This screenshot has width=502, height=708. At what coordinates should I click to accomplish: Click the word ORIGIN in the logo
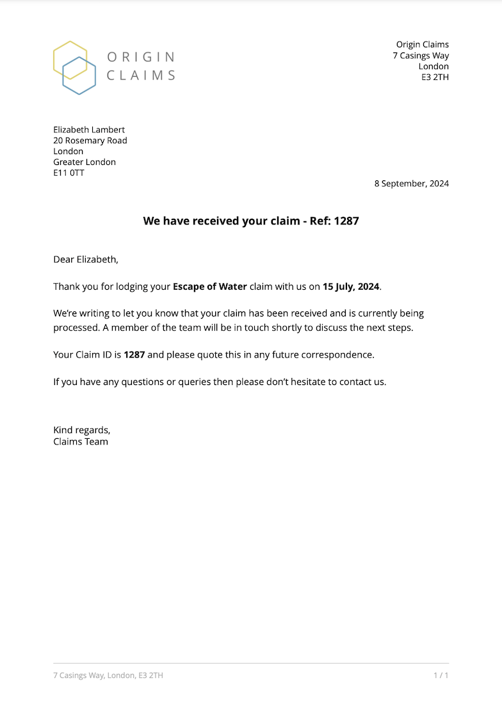141,57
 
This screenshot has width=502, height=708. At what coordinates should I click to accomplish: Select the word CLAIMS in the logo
141,75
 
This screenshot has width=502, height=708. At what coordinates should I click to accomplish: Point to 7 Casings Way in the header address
421,56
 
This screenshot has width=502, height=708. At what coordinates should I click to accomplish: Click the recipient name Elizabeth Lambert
89,130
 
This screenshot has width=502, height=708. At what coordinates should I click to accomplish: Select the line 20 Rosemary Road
90,141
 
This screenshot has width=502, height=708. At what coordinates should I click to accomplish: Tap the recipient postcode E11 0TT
69,173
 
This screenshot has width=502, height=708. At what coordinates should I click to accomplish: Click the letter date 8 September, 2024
412,184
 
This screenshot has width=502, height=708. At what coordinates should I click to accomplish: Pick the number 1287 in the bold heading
346,221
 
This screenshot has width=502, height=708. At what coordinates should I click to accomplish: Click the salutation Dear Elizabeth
86,260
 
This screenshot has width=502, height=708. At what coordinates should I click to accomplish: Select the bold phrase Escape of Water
209,287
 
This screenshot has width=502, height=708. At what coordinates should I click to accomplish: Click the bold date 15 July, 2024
351,287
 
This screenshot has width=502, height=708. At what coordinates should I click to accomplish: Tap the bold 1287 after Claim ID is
134,354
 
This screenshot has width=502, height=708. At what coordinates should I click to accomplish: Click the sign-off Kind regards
81,430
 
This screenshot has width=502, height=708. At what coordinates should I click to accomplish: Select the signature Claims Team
81,441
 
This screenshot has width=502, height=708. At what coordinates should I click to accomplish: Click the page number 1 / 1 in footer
441,675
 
